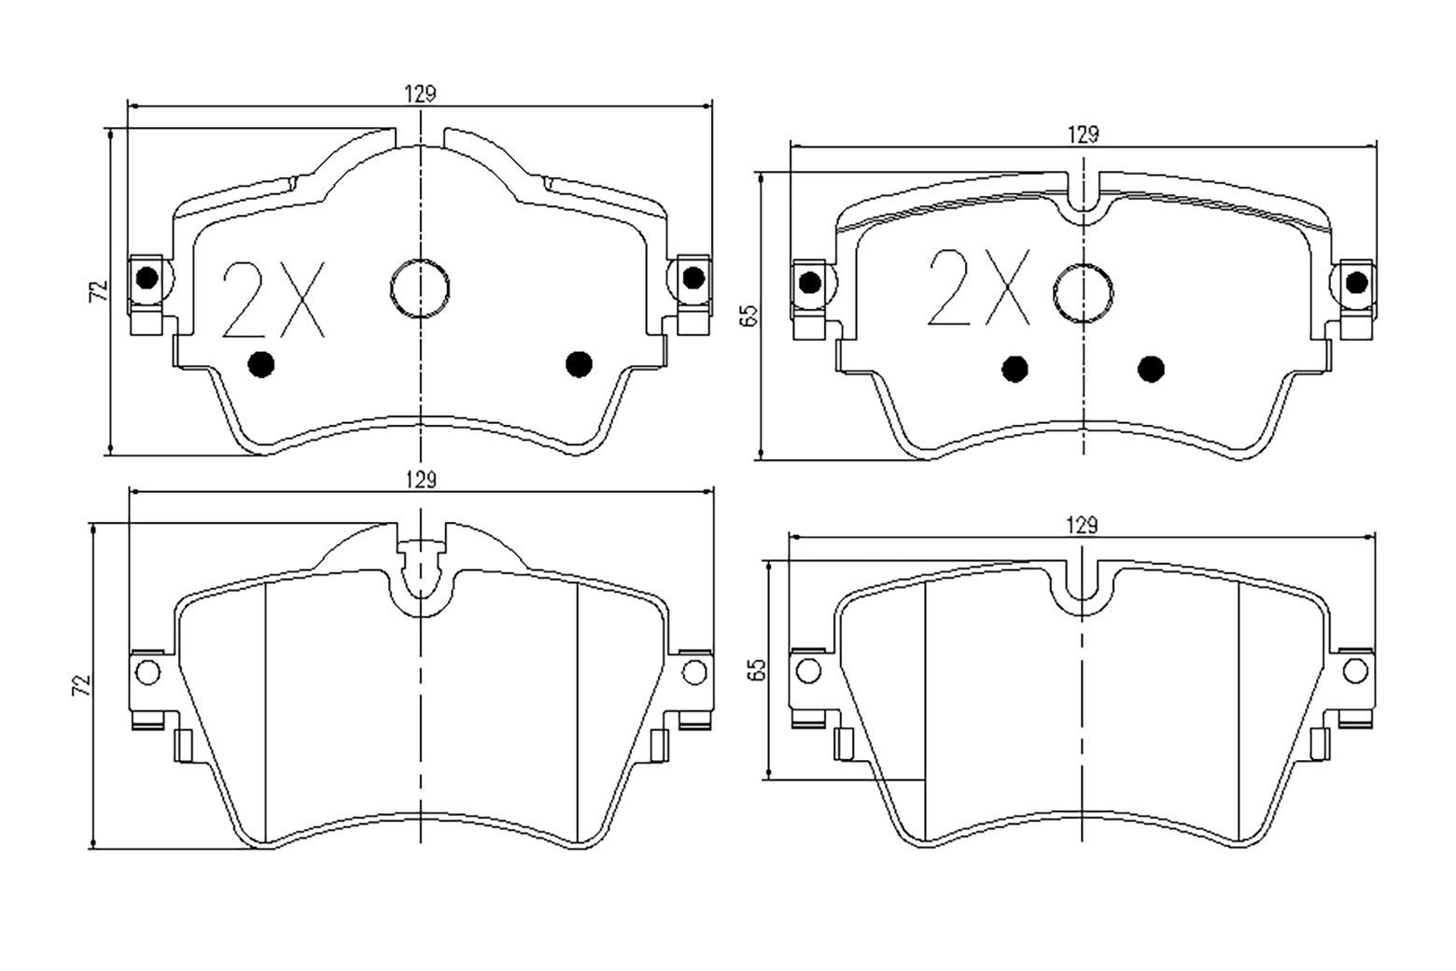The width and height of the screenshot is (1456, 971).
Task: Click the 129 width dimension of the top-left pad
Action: tap(421, 94)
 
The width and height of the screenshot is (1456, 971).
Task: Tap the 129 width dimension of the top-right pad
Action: tap(1083, 134)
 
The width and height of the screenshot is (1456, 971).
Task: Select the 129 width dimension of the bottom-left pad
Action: tap(421, 481)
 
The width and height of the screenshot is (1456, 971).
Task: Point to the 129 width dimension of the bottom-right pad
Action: tap(1082, 525)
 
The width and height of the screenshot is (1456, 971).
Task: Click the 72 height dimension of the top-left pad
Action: tap(99, 290)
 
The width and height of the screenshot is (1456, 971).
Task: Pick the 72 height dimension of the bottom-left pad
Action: tap(81, 685)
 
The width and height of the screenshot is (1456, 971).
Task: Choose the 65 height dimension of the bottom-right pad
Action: tap(756, 669)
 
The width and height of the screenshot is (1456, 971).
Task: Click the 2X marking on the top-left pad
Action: tap(273, 300)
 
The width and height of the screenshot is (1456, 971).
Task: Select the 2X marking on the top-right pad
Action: tap(980, 287)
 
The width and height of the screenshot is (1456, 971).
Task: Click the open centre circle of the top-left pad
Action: tap(420, 288)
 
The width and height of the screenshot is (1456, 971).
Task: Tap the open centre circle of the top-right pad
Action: tap(1083, 293)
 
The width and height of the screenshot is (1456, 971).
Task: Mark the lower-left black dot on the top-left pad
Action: tap(261, 364)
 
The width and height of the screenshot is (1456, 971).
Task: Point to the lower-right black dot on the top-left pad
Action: tap(579, 364)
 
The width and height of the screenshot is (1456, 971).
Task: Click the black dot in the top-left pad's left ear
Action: tap(147, 278)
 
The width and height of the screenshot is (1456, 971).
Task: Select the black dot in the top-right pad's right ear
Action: tap(1356, 283)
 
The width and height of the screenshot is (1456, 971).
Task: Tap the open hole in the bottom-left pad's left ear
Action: tap(147, 672)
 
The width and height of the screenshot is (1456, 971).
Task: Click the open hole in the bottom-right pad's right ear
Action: tap(1355, 671)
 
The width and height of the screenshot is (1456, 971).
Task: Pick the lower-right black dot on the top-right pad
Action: tap(1151, 369)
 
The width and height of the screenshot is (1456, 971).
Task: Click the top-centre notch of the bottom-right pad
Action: tap(1083, 588)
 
